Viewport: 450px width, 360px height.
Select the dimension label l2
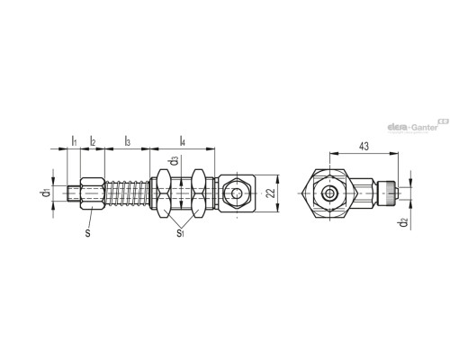point(93,141)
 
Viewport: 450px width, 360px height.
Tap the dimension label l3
point(128,141)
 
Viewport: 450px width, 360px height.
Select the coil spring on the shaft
point(129,193)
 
